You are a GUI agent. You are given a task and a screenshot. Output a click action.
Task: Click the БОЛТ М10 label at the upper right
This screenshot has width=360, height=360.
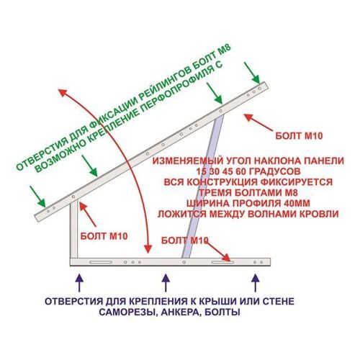point(299,136)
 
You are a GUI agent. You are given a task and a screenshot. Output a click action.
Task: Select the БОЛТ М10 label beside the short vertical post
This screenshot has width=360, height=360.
point(104,236)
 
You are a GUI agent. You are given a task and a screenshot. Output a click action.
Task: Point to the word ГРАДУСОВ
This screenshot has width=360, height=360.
point(274,171)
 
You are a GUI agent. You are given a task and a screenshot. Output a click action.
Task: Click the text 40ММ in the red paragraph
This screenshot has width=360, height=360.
point(297,203)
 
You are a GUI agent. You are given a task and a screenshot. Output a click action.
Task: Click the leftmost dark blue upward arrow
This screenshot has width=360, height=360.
point(79,282)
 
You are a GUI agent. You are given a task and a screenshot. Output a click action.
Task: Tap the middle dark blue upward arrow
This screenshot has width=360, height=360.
point(166,282)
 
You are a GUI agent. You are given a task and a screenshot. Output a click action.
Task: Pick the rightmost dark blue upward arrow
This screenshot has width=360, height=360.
point(256,282)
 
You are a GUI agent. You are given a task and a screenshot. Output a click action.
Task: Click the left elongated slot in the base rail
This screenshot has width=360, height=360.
point(101,262)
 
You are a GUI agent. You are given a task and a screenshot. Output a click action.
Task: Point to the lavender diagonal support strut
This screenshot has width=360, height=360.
point(203,186)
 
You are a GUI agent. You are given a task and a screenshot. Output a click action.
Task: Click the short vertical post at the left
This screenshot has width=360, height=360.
point(74,229)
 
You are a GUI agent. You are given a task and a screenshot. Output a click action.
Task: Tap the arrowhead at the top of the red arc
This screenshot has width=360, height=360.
point(63,92)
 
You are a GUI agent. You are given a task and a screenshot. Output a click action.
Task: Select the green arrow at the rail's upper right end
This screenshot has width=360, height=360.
point(252,73)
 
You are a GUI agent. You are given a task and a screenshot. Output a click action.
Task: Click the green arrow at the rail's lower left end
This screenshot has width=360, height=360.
point(37,197)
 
